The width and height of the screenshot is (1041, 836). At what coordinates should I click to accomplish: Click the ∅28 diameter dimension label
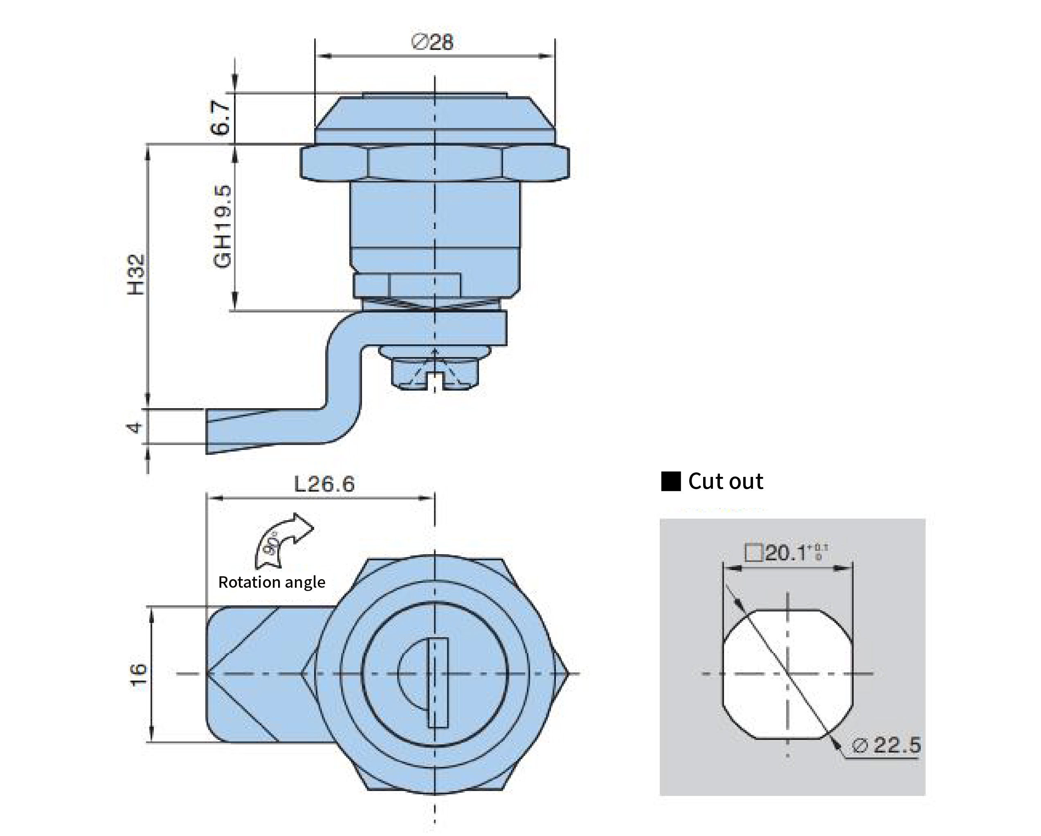(x=433, y=43)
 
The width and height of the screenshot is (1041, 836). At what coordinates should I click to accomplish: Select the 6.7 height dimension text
(x=220, y=118)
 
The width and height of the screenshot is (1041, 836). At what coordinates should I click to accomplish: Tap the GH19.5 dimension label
(x=223, y=227)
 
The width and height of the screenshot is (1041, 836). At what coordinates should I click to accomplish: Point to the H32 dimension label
(x=136, y=275)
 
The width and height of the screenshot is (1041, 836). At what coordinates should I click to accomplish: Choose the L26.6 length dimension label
(x=324, y=483)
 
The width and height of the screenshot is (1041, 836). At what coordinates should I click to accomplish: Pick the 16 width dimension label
(x=139, y=675)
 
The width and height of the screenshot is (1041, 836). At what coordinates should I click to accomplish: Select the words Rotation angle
(x=271, y=582)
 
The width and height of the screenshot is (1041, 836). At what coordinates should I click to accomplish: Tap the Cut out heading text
(x=725, y=481)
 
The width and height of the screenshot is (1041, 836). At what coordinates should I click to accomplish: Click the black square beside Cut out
(x=671, y=482)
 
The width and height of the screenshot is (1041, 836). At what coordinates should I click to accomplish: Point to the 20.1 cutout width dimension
(x=787, y=553)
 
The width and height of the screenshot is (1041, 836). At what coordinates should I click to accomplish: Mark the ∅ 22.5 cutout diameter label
(x=886, y=745)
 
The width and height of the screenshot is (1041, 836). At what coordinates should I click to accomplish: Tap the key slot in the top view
(x=437, y=683)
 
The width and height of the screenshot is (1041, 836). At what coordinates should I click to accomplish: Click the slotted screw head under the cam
(x=434, y=375)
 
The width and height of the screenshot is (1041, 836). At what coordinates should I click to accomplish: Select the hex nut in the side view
(x=434, y=164)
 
